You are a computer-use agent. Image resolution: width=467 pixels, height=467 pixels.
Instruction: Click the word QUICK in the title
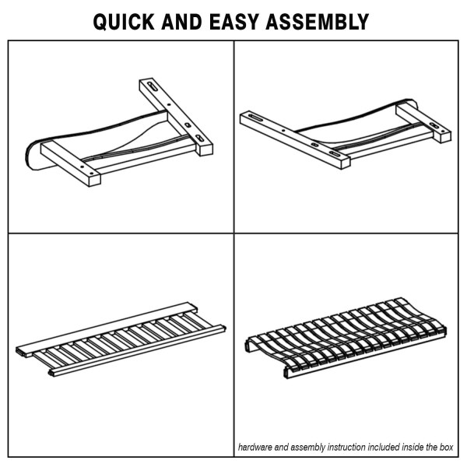124,22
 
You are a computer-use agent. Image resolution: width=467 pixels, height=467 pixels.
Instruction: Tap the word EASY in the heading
233,22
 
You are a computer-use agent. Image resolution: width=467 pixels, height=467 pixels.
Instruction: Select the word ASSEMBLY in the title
318,22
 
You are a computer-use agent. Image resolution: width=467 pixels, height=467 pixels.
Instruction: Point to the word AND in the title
182,22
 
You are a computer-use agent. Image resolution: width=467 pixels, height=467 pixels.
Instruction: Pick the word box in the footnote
446,447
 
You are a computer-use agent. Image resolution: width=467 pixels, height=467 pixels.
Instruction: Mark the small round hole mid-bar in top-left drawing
169,104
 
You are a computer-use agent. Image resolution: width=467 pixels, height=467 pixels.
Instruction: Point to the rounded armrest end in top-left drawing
33,155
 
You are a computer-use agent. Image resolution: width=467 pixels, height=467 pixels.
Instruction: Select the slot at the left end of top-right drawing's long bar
256,118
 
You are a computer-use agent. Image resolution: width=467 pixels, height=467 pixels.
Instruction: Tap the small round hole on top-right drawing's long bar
283,131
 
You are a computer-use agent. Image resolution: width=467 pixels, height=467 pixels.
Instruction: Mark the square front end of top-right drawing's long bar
346,163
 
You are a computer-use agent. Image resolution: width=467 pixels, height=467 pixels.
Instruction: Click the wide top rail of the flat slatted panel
107,329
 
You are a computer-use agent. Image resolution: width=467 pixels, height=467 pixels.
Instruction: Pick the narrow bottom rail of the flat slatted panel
137,350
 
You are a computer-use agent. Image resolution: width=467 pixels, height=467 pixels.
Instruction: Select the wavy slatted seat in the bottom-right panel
346,338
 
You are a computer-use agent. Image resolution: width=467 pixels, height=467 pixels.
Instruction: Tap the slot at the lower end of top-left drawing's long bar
199,139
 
